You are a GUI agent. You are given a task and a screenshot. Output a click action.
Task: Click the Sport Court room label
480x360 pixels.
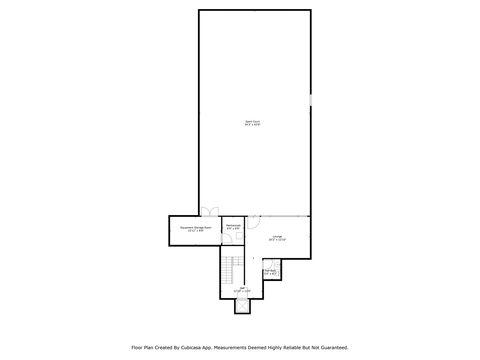pyautogui.click(x=253, y=120)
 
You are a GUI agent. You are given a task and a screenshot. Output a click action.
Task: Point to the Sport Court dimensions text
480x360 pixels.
pyautogui.click(x=253, y=125)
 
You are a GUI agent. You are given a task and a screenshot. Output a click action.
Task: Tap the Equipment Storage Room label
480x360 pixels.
pyautogui.click(x=194, y=227)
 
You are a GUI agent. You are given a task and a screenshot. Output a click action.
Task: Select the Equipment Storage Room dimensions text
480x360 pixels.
pyautogui.click(x=194, y=231)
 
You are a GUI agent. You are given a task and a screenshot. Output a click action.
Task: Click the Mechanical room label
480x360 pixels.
pyautogui.click(x=232, y=225)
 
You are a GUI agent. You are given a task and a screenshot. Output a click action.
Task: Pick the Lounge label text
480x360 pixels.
pyautogui.click(x=277, y=236)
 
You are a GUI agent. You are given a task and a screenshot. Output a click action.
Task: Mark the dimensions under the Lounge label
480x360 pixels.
pyautogui.click(x=277, y=240)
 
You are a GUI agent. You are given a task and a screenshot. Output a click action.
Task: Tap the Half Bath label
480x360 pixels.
pyautogui.click(x=270, y=269)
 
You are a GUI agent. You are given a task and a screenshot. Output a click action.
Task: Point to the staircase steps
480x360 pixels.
pyautogui.click(x=232, y=268)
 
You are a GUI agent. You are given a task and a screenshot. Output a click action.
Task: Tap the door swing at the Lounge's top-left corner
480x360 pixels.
pyautogui.click(x=252, y=221)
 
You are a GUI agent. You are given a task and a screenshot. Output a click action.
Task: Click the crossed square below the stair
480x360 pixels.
pyautogui.click(x=241, y=307)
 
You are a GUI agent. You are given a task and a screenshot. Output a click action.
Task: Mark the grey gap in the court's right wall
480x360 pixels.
pyautogui.click(x=310, y=99)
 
